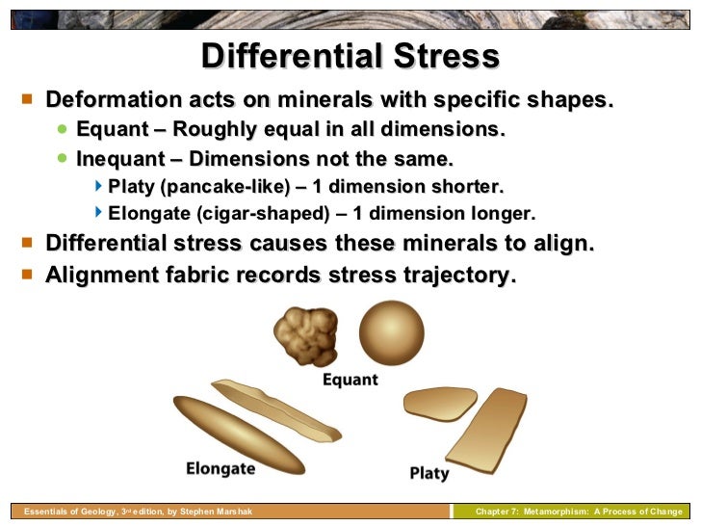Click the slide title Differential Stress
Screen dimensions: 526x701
click(350, 56)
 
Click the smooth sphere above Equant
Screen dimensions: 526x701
click(391, 332)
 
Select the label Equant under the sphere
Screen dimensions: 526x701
click(350, 380)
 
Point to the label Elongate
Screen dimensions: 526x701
click(221, 469)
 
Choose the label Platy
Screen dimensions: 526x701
click(429, 473)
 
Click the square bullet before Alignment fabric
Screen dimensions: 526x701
click(27, 275)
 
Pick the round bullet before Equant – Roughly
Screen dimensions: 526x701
click(63, 129)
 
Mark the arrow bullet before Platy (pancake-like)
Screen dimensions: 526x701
click(99, 185)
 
